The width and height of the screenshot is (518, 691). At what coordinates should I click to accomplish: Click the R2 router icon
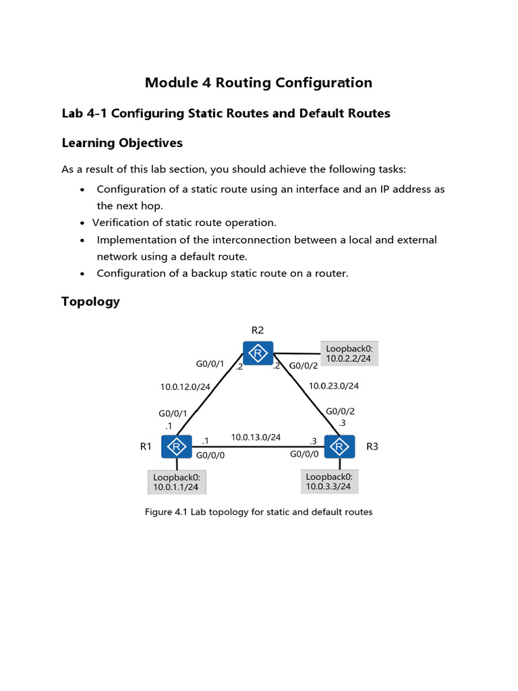[x=258, y=353]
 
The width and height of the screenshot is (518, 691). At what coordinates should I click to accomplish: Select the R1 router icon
[x=177, y=447]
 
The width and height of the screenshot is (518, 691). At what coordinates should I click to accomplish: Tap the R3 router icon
[x=340, y=447]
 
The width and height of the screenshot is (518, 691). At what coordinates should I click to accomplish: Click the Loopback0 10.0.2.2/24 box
[x=349, y=354]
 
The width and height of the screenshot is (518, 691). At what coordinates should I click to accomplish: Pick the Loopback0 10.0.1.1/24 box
[x=176, y=482]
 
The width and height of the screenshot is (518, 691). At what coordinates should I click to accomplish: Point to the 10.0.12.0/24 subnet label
[x=185, y=387]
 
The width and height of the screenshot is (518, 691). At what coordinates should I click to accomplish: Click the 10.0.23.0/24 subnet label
[x=333, y=386]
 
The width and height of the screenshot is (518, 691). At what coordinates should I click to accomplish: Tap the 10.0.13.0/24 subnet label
[x=256, y=437]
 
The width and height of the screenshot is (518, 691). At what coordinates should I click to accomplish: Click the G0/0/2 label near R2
[x=303, y=365]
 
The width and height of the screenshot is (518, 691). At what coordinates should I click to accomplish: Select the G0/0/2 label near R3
[x=340, y=411]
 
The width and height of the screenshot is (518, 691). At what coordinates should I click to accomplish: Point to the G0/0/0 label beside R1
[x=210, y=454]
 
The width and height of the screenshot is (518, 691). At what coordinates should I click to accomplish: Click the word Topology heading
[x=90, y=302]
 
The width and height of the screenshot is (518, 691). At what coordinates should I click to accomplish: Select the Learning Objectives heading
[x=122, y=143]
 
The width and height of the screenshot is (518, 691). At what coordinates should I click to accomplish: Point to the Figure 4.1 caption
[x=258, y=512]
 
